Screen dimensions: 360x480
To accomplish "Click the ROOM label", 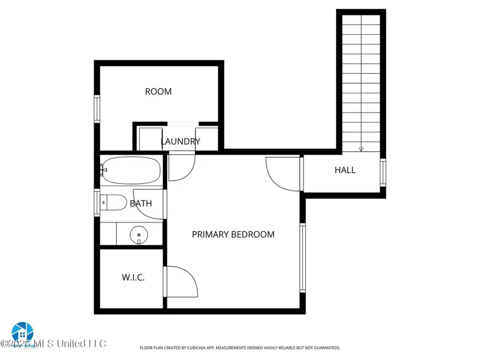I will (x=158, y=92).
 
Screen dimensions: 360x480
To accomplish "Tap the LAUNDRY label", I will (x=181, y=141).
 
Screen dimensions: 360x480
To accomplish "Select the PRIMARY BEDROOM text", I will (x=233, y=234).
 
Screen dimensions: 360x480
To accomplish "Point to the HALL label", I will (x=345, y=170).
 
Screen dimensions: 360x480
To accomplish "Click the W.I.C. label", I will (x=133, y=277).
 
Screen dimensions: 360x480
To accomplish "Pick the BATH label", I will (x=141, y=203).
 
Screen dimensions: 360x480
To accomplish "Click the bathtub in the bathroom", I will (x=131, y=169).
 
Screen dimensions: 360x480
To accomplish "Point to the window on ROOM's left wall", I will (x=97, y=109).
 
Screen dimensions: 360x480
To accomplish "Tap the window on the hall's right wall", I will (x=382, y=172).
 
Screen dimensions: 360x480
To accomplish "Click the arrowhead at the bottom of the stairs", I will (x=361, y=149).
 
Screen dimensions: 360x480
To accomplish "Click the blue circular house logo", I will (x=22, y=332).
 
